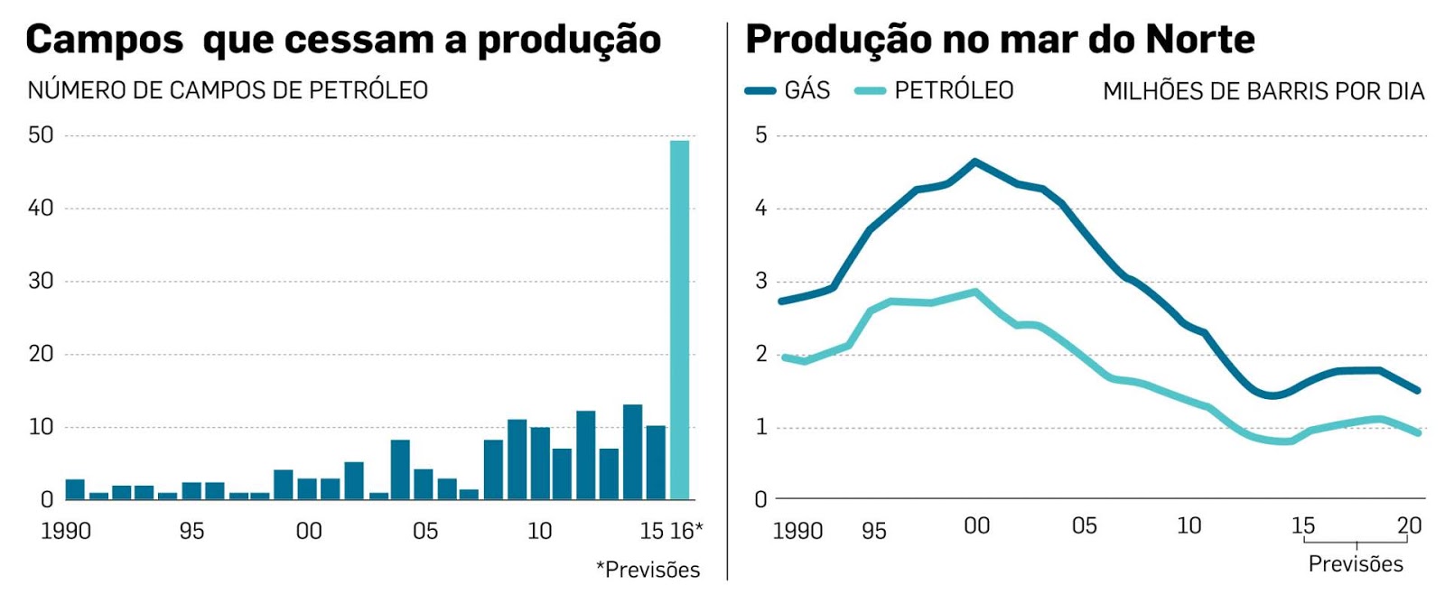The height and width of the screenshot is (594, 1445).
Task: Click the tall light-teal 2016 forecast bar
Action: tap(679, 320)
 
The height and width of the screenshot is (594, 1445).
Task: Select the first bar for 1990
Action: tap(75, 489)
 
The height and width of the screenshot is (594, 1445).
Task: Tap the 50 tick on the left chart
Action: tap(41, 135)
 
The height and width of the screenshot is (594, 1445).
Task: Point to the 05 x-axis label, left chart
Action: tap(424, 531)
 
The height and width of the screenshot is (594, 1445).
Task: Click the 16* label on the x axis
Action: tap(685, 531)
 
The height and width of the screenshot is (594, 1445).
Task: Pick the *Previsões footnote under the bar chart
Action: tap(648, 570)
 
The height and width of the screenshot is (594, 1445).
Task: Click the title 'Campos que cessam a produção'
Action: tap(343, 40)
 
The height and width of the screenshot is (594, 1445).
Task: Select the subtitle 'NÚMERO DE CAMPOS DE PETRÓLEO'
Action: tap(228, 90)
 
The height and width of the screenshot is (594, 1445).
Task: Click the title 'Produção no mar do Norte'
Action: tap(1000, 40)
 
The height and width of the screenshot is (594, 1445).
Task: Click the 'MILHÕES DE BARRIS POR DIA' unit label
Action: tap(1263, 91)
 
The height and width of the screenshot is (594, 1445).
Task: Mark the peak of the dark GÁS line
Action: tap(974, 162)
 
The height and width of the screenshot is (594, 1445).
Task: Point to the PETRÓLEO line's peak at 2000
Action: tap(974, 292)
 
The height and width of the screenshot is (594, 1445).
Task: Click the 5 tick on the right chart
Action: tap(760, 135)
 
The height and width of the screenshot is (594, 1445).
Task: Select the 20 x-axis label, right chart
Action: tap(1409, 525)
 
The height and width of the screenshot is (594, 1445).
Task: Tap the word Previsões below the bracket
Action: tap(1356, 564)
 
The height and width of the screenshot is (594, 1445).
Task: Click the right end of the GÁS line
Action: tap(1418, 390)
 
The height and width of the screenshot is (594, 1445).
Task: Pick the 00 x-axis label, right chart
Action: tap(976, 525)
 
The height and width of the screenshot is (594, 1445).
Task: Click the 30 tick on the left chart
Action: tap(41, 281)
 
